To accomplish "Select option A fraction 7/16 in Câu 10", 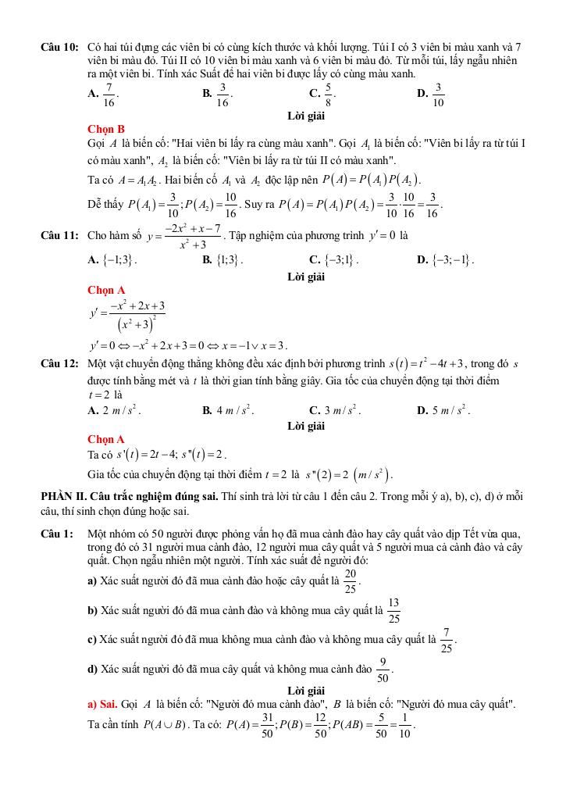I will [109, 94].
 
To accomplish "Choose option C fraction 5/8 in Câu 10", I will [329, 94].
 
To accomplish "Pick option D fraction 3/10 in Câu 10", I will [438, 94].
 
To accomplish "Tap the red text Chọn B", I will [106, 129].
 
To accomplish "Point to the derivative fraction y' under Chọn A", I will [126, 315].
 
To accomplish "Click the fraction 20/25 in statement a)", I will [351, 581].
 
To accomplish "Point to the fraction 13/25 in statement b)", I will [393, 610].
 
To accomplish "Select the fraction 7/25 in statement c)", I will [446, 639].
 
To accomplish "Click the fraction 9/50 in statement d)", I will [383, 669].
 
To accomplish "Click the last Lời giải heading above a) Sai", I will [306, 691].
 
